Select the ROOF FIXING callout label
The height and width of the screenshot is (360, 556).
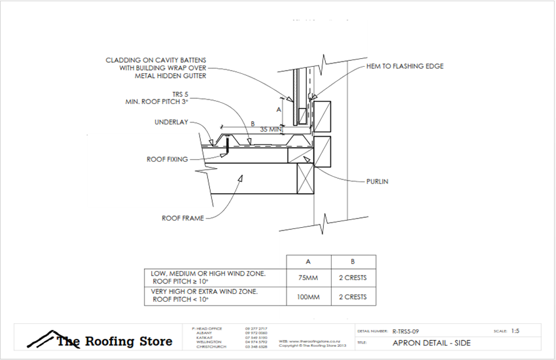pyautogui.click(x=167, y=158)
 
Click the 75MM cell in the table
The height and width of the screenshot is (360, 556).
pyautogui.click(x=309, y=277)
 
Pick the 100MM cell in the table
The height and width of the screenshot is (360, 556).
pyautogui.click(x=309, y=297)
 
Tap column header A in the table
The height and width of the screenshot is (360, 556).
pyautogui.click(x=309, y=260)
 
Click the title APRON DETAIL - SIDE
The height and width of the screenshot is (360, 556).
pyautogui.click(x=426, y=342)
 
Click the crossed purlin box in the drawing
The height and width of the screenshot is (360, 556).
pyautogui.click(x=306, y=177)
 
